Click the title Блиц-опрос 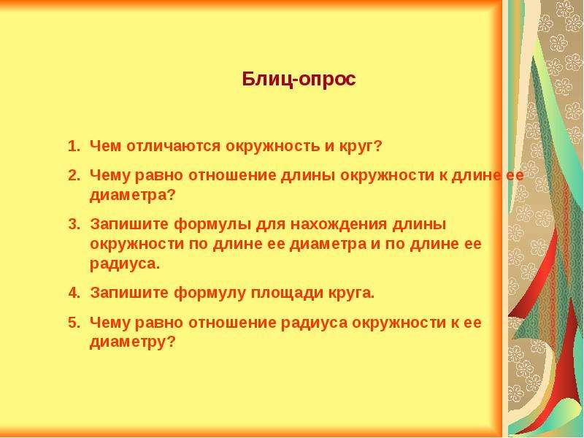(x=299, y=80)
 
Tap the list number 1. (x=74, y=146)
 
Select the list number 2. (x=74, y=175)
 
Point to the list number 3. (x=74, y=224)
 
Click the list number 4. (x=74, y=293)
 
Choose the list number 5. (x=74, y=322)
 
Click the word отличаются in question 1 (x=173, y=146)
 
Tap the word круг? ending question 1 (x=361, y=147)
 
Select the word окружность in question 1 (x=272, y=147)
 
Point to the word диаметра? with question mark (x=132, y=196)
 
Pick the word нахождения (x=339, y=224)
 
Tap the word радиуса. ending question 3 (x=125, y=264)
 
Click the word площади (x=287, y=293)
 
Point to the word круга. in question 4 (x=351, y=293)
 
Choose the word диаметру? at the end (x=132, y=342)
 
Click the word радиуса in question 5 (x=314, y=323)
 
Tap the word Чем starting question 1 (x=106, y=146)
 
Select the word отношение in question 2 (x=232, y=175)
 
